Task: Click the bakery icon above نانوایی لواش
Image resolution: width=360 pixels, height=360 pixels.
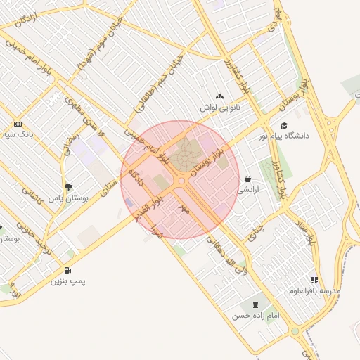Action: point(219,97)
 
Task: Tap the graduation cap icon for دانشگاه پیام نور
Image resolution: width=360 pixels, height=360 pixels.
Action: point(283,125)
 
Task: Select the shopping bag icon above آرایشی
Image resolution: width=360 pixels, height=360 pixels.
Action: point(249,179)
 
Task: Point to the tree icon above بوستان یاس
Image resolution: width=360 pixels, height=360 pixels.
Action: point(68,187)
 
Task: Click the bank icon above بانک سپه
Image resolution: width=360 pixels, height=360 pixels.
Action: point(18,123)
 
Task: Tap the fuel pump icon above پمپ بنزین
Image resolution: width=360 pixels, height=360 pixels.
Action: point(67,270)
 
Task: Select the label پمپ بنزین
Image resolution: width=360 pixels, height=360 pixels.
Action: point(67,281)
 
